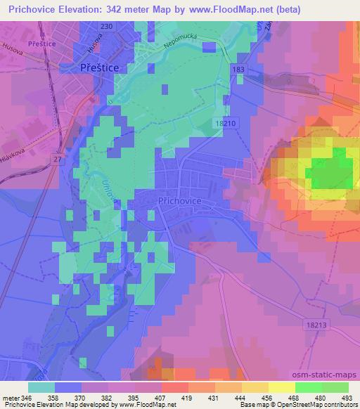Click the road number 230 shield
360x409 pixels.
106,26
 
